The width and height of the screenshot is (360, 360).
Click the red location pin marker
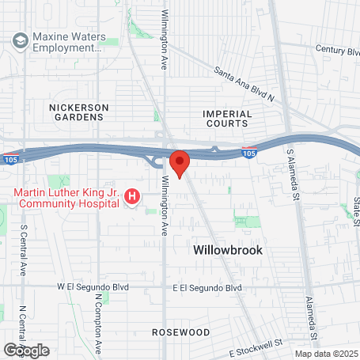tap(180, 163)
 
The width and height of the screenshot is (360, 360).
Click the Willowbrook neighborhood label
tap(228, 249)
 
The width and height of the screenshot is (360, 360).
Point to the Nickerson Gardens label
tap(76, 112)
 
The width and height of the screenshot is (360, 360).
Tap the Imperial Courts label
tap(227, 119)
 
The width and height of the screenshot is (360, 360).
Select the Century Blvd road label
tap(337, 49)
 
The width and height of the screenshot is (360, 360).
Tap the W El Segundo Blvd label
tap(92, 286)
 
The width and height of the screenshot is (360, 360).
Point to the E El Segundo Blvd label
tap(207, 288)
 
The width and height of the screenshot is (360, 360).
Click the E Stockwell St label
tap(256, 347)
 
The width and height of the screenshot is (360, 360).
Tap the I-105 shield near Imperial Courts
tap(248, 150)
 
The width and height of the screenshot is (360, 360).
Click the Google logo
tap(26, 350)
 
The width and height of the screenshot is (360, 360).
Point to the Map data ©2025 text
tap(325, 354)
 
